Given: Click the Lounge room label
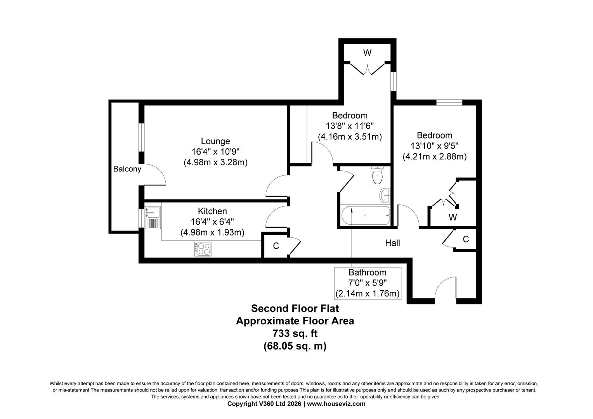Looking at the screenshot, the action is [215, 141].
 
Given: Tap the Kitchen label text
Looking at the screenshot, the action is [212, 211].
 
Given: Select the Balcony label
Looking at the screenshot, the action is [127, 169].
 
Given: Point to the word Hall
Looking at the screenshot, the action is [392, 243].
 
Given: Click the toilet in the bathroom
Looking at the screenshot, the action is [377, 175].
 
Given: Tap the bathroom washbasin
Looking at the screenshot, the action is [385, 195].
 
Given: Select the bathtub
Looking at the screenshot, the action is [365, 215].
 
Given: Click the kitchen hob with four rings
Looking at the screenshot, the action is [203, 249].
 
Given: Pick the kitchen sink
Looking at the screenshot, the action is [153, 218].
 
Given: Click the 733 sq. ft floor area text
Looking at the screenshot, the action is [295, 334].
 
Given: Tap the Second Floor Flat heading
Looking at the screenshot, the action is [295, 308].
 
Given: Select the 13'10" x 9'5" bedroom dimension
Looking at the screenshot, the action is [434, 146].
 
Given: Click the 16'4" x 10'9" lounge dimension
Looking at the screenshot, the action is [215, 152].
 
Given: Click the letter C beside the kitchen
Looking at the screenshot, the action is [276, 246].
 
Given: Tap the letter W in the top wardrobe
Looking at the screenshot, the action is [367, 53].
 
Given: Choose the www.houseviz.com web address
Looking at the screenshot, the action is [336, 403].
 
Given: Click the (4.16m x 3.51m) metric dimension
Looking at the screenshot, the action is [350, 137].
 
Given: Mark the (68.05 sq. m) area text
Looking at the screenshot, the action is [295, 346].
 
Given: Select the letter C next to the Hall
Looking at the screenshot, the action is [466, 239].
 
